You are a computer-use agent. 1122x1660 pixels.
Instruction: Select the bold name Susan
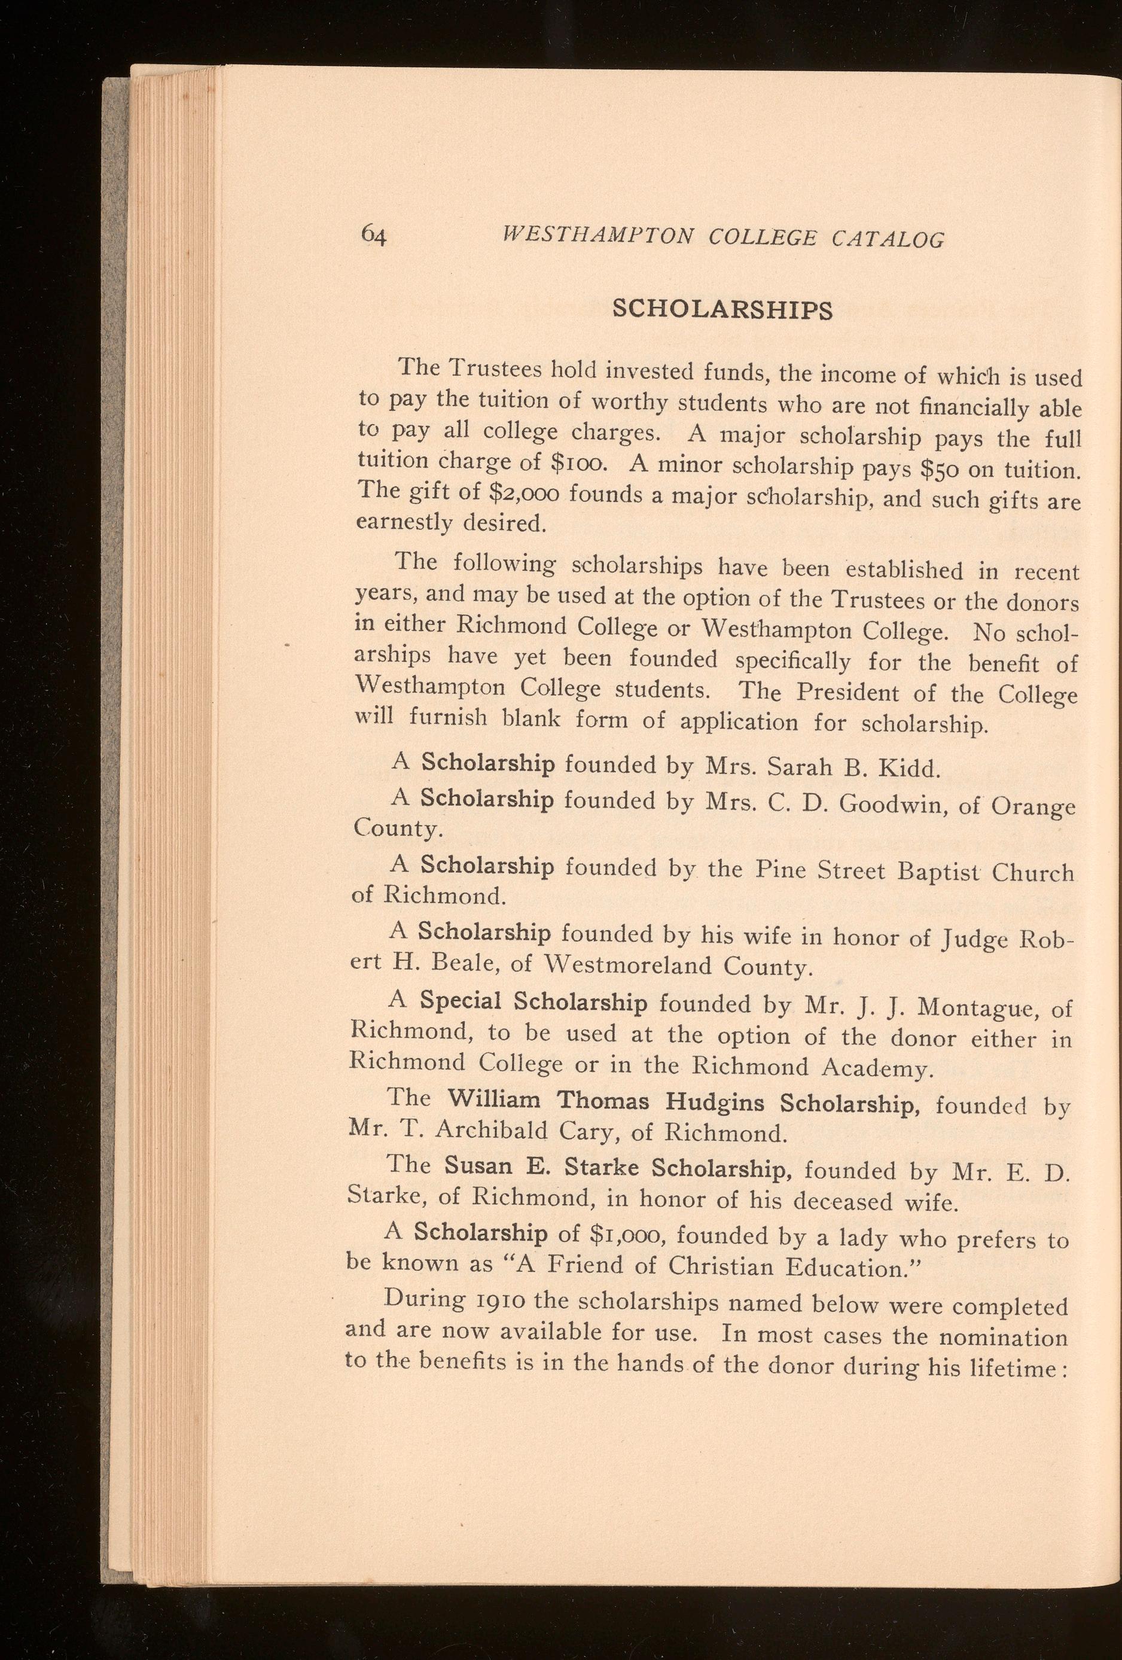click(477, 1166)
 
